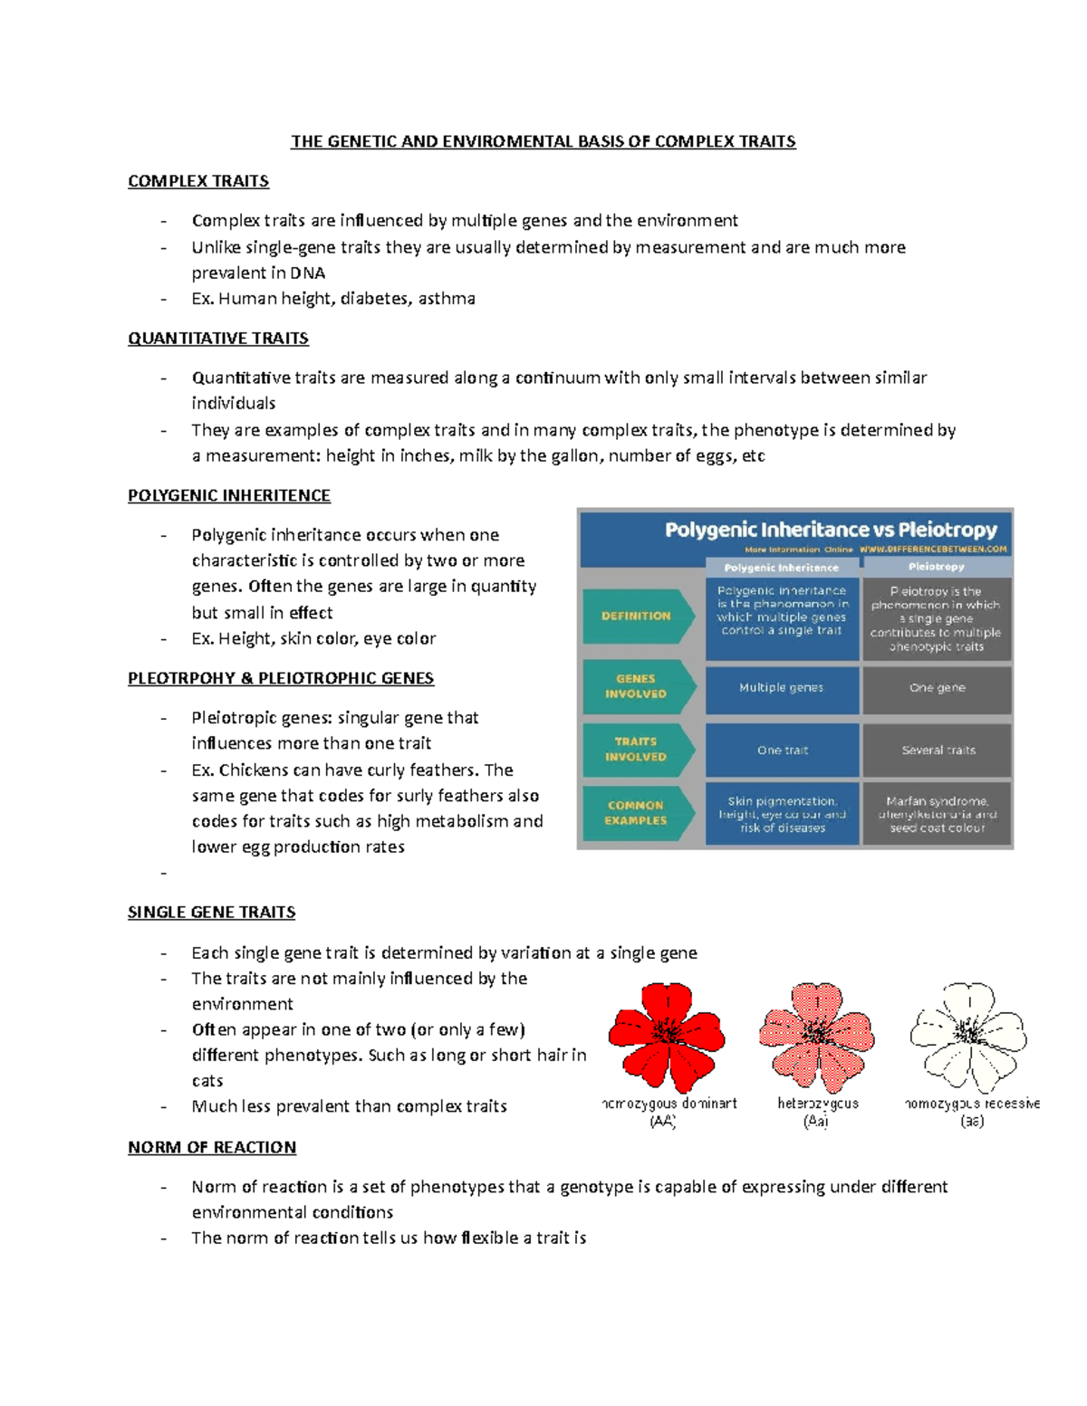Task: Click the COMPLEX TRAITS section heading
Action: [198, 181]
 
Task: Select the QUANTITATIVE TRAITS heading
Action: [218, 339]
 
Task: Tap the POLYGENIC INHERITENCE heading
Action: [229, 495]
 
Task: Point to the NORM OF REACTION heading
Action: [212, 1147]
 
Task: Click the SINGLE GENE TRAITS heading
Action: [212, 912]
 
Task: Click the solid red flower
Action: [667, 1036]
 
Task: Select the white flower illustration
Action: [968, 1036]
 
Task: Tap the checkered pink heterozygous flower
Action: [817, 1036]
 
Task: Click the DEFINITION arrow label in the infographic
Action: [637, 616]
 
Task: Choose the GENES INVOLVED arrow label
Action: [636, 686]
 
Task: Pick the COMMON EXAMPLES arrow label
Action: [636, 813]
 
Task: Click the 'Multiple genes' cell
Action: [782, 688]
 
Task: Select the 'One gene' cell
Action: [938, 688]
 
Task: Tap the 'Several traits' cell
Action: [938, 751]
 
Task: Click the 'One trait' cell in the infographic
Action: [782, 751]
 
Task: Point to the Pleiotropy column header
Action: [937, 567]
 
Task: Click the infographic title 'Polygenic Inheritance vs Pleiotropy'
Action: [831, 530]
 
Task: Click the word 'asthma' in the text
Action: [447, 299]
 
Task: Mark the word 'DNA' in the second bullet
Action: [308, 273]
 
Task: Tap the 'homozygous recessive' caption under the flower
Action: [972, 1104]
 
